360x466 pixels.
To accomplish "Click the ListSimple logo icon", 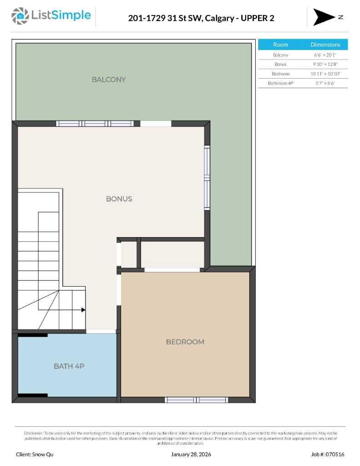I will click(x=20, y=16).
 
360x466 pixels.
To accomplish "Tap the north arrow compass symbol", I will click(x=324, y=17).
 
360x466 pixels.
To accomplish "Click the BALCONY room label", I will click(x=109, y=80).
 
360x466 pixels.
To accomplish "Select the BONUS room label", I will click(x=119, y=199).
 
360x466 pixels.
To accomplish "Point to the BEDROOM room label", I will click(x=185, y=342).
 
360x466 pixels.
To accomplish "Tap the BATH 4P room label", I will click(x=69, y=366).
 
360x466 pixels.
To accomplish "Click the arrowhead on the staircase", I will click(x=83, y=310).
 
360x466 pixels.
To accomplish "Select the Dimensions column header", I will click(x=325, y=45).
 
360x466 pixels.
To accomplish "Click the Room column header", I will click(x=280, y=45).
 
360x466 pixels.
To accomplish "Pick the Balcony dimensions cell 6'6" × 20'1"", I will click(x=325, y=55).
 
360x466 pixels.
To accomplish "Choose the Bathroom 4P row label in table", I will click(x=280, y=83).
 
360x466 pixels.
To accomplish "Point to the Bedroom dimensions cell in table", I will click(x=325, y=74).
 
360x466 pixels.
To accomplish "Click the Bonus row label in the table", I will click(x=280, y=65).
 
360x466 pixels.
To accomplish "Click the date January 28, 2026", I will click(x=191, y=454).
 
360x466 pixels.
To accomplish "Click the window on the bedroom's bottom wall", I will click(x=196, y=400).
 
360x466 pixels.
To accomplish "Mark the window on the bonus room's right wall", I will click(x=207, y=178).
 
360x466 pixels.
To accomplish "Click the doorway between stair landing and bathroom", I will click(x=101, y=331).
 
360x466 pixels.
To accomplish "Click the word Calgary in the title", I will click(x=216, y=18).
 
